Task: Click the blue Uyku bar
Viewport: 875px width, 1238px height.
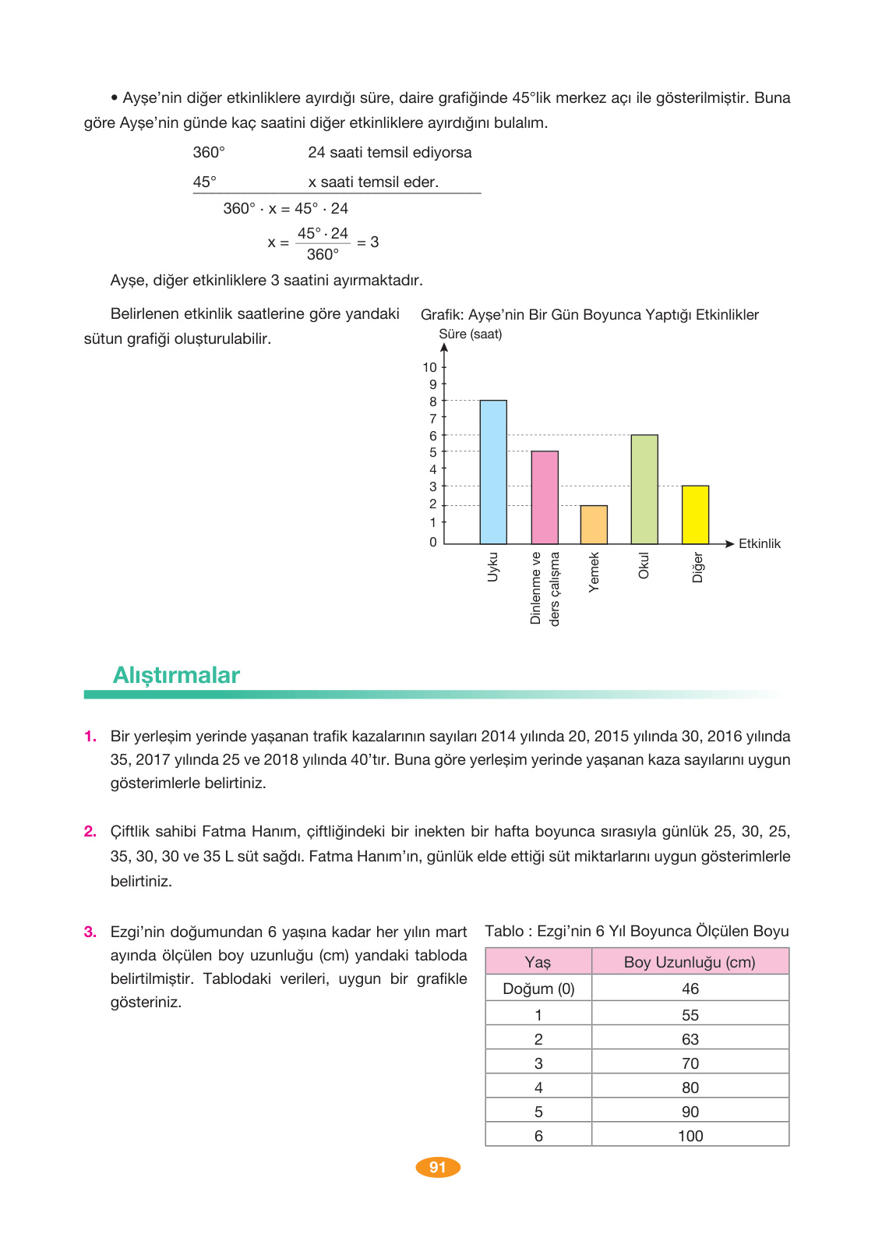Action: (493, 472)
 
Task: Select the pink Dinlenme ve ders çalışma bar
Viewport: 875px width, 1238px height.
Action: (545, 497)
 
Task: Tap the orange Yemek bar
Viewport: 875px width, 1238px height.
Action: (594, 525)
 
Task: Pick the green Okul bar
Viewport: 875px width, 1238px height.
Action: (644, 490)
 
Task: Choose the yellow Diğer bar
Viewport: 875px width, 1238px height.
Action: (695, 515)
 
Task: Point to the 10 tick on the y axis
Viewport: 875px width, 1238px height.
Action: (430, 367)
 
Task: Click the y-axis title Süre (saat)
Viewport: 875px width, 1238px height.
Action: (471, 334)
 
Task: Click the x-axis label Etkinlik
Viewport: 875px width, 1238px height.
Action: (759, 544)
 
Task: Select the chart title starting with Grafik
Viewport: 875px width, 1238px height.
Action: (589, 315)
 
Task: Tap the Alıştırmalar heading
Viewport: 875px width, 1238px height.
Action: (176, 675)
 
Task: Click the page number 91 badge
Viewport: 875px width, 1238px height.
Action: (437, 1167)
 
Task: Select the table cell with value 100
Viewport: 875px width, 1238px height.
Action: (690, 1136)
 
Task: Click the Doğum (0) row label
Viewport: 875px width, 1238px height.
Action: (538, 989)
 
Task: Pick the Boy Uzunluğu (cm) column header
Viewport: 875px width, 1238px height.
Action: (690, 962)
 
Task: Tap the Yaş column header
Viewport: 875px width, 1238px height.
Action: (538, 962)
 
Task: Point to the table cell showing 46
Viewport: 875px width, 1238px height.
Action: (690, 989)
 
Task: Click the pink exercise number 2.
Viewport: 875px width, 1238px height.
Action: (90, 832)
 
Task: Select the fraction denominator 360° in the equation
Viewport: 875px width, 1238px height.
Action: (323, 255)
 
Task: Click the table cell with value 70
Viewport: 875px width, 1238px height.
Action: (690, 1063)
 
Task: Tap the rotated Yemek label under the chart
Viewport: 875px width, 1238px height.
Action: (594, 572)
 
